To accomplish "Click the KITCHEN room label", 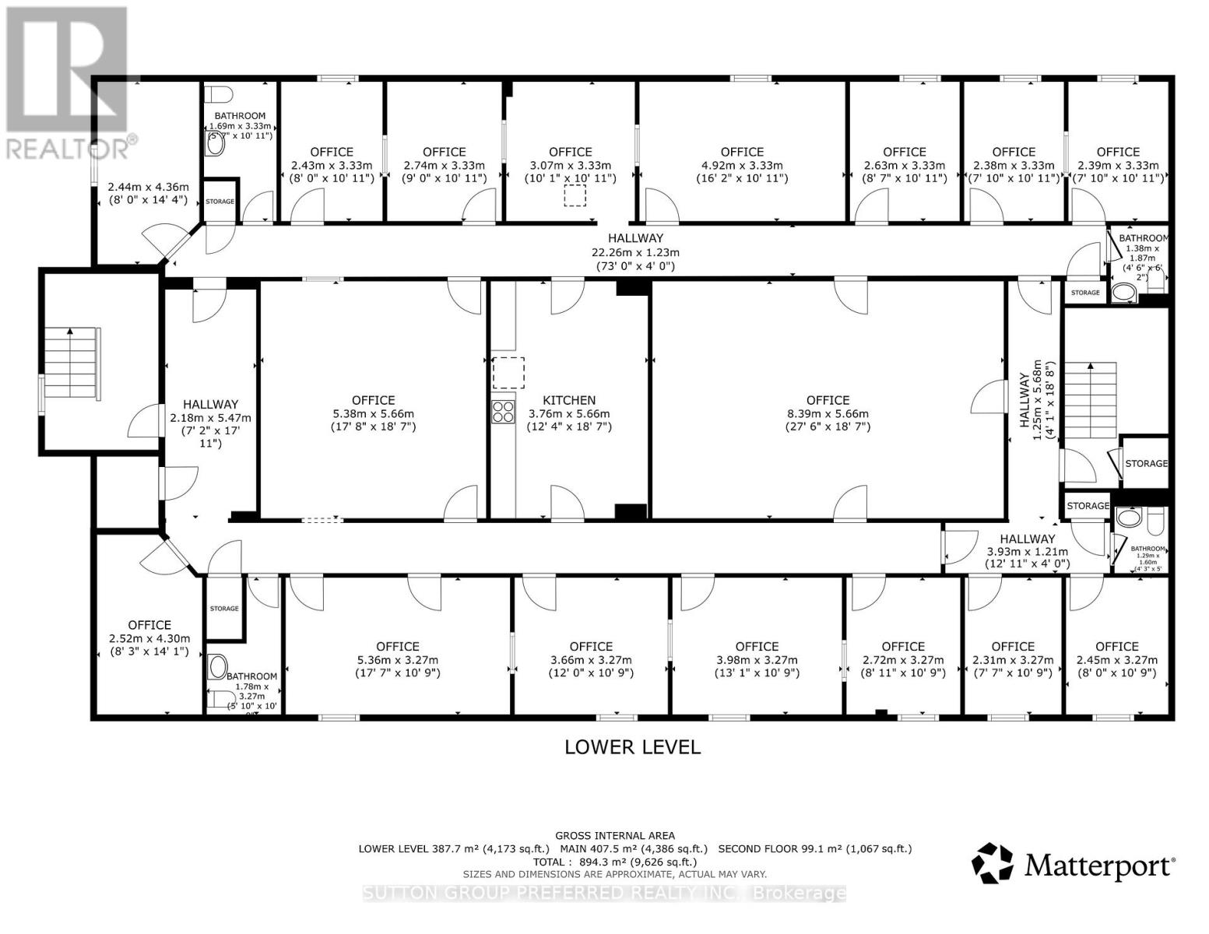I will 569,400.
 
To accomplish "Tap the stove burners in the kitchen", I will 503,411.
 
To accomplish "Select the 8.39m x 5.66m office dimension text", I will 828,414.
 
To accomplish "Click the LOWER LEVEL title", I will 632,747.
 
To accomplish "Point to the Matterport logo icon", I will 993,863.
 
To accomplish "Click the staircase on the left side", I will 72,364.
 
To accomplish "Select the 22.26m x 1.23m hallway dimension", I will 635,252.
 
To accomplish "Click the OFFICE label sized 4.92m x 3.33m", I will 742,152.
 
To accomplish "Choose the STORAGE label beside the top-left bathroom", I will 220,202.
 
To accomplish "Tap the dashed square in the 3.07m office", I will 575,195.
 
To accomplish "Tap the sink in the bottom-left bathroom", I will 218,667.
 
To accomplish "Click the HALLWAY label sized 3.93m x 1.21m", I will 1028,539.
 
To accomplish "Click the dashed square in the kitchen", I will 508,373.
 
